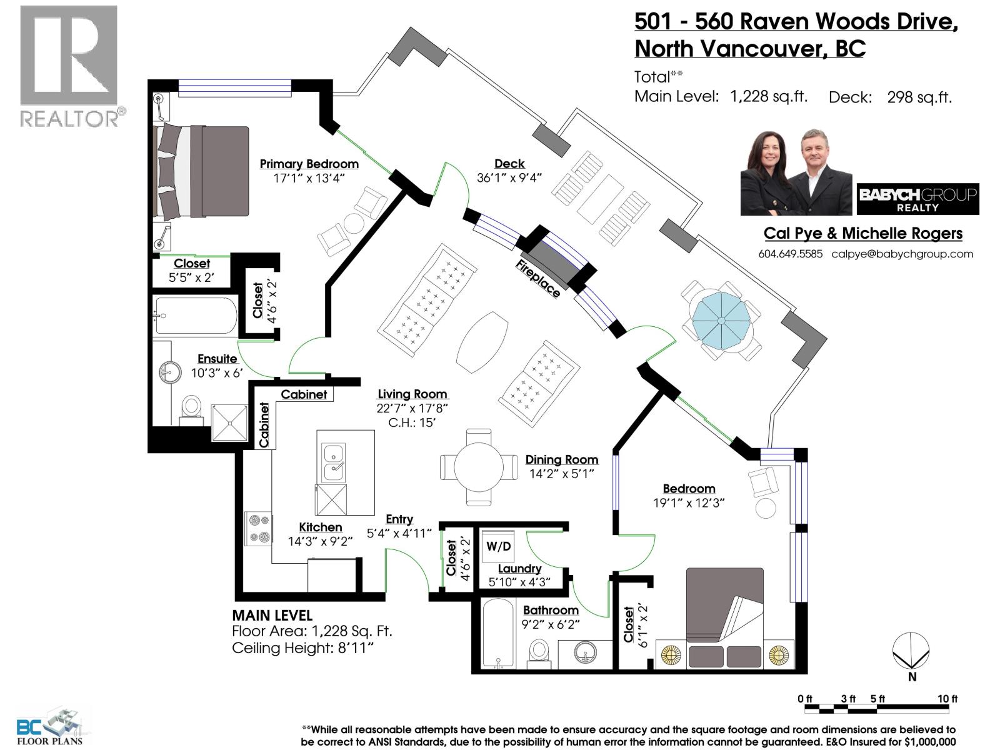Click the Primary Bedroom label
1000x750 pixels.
309,164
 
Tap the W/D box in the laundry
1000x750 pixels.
498,546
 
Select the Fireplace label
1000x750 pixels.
537,278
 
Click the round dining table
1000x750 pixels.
479,467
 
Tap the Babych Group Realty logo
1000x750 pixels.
917,199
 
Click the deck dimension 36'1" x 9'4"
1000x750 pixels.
509,177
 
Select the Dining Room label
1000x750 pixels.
561,459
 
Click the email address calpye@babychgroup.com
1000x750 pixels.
902,254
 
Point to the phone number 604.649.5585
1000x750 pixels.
790,254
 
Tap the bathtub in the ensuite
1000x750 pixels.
196,316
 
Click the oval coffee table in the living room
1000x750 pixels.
482,341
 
